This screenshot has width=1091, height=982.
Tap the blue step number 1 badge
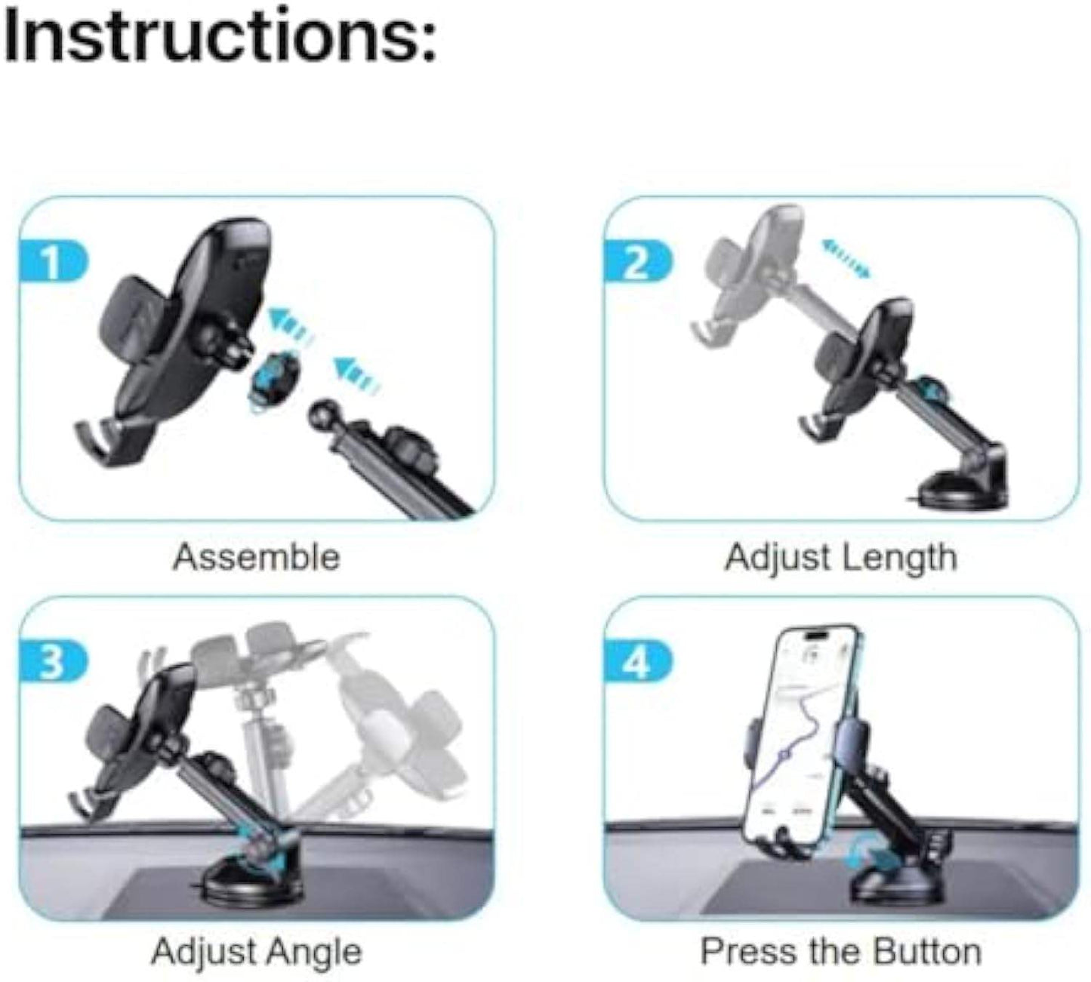[53, 263]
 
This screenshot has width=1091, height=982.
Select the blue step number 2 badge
[637, 263]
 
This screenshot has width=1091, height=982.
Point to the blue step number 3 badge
[53, 663]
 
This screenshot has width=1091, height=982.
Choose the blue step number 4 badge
[637, 663]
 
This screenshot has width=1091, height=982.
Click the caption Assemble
[256, 558]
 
